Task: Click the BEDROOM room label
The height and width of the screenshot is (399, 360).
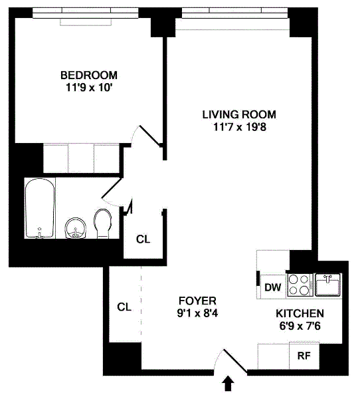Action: click(x=89, y=75)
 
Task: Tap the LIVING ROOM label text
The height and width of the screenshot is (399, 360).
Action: click(x=239, y=114)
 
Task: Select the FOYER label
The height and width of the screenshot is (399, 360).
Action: click(x=197, y=301)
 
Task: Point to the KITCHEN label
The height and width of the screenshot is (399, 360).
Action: click(x=300, y=313)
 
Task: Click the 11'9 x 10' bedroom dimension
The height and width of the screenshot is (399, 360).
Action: click(x=89, y=88)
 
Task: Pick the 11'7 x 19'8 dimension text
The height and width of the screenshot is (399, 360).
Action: click(x=240, y=127)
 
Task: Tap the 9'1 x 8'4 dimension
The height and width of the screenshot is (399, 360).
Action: click(x=197, y=313)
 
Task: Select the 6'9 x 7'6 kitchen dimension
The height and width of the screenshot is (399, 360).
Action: click(x=300, y=326)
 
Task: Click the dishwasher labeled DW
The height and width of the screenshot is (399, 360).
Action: click(x=273, y=287)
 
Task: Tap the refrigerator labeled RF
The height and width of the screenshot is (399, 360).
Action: click(x=304, y=356)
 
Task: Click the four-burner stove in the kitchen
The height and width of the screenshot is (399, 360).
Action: click(x=300, y=285)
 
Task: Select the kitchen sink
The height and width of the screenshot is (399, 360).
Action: click(x=328, y=285)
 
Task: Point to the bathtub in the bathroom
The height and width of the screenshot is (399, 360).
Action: click(x=40, y=208)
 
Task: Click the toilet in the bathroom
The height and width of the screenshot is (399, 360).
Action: click(x=103, y=223)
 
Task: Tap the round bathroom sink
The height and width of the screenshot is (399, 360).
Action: click(x=76, y=228)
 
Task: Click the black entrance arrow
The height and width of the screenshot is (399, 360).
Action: click(x=228, y=384)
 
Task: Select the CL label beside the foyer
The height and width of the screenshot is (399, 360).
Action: click(x=124, y=307)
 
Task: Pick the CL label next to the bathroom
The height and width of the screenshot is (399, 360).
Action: click(x=143, y=239)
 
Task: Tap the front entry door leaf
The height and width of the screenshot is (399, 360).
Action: click(x=235, y=360)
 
